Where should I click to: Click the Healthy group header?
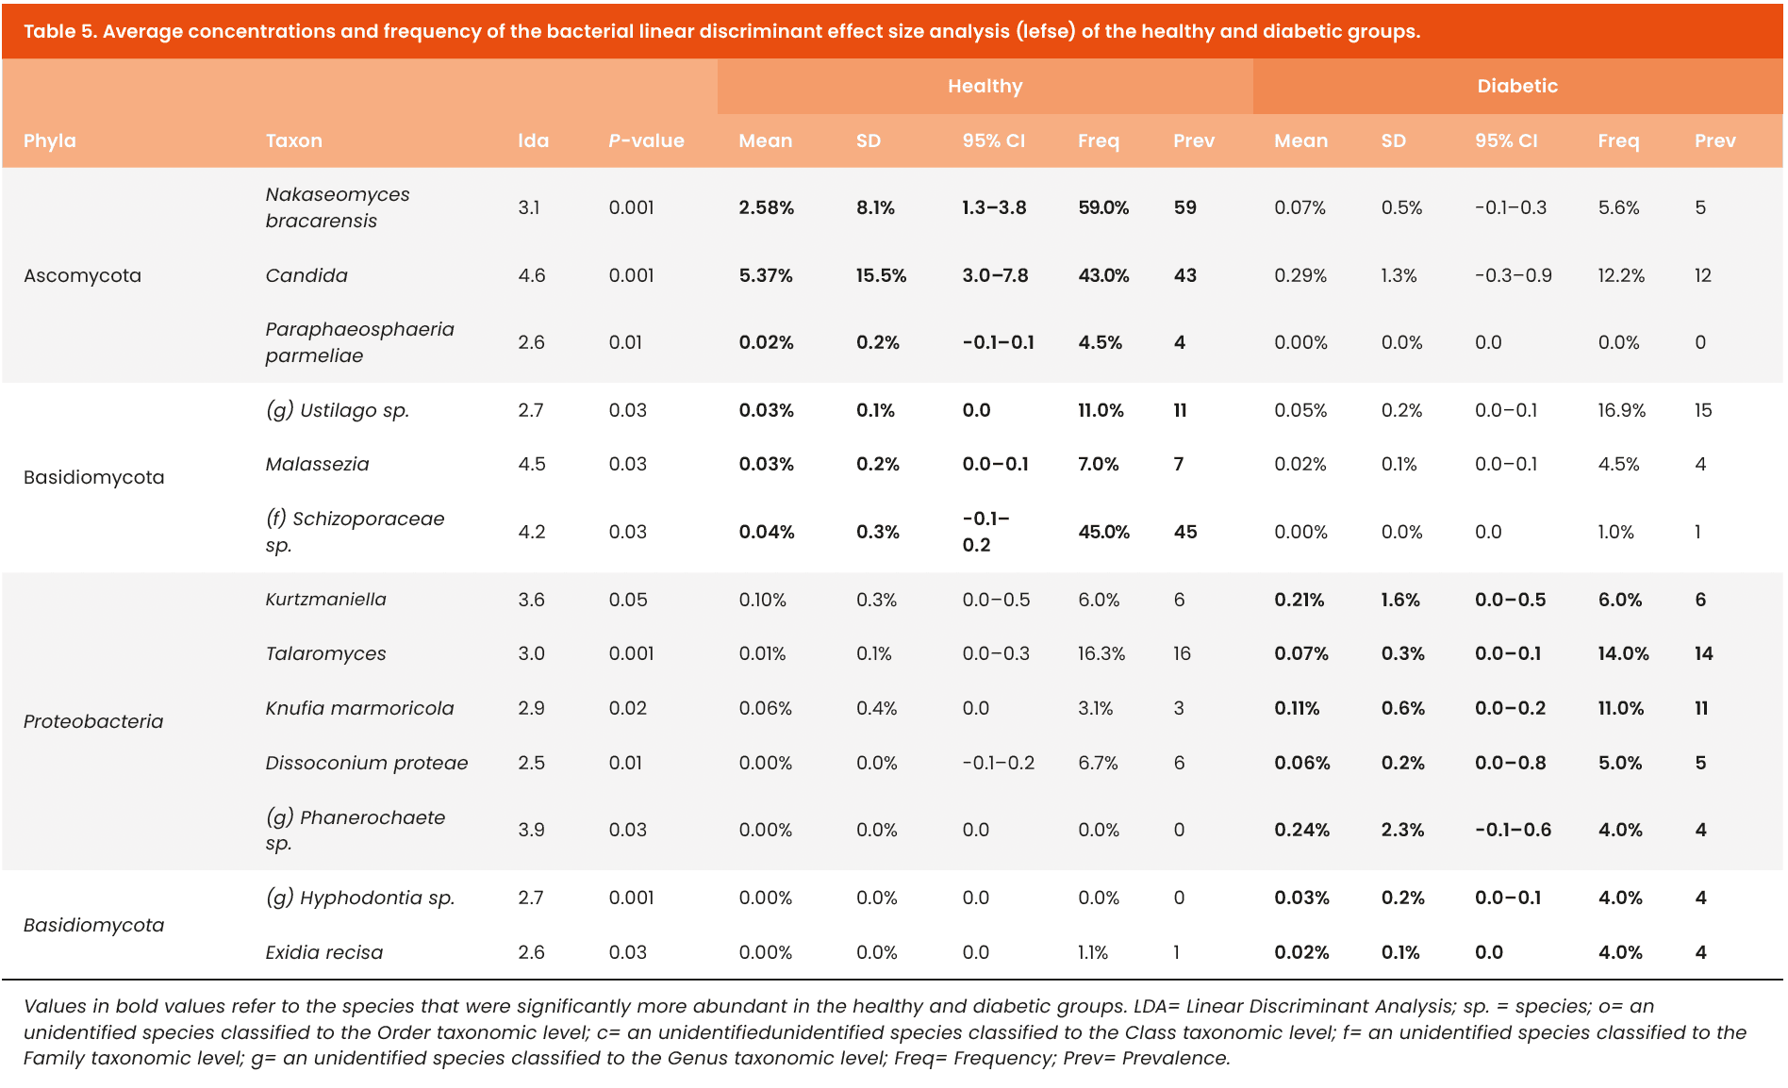tap(985, 86)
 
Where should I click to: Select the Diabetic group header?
tap(1516, 86)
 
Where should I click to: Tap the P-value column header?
tap(646, 140)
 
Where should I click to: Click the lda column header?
tap(533, 140)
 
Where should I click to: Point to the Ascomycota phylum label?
tap(82, 275)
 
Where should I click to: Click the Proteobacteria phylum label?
tap(93, 721)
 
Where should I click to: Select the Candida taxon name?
tap(306, 275)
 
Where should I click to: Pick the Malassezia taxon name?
tap(317, 464)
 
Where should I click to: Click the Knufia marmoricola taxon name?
tap(359, 708)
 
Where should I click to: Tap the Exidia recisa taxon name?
tap(323, 952)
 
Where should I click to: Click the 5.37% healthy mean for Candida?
tap(766, 275)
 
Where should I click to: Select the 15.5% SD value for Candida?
tap(881, 275)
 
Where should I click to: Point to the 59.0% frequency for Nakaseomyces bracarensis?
tap(1103, 207)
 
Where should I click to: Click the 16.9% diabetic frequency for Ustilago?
tap(1621, 410)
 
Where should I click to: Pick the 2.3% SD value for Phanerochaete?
tap(1402, 830)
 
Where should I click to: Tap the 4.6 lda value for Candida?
tap(532, 275)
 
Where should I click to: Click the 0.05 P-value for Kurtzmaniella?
tap(628, 600)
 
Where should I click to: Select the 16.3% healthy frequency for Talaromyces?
tap(1101, 653)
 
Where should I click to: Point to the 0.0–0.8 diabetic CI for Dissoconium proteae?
tap(1510, 763)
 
